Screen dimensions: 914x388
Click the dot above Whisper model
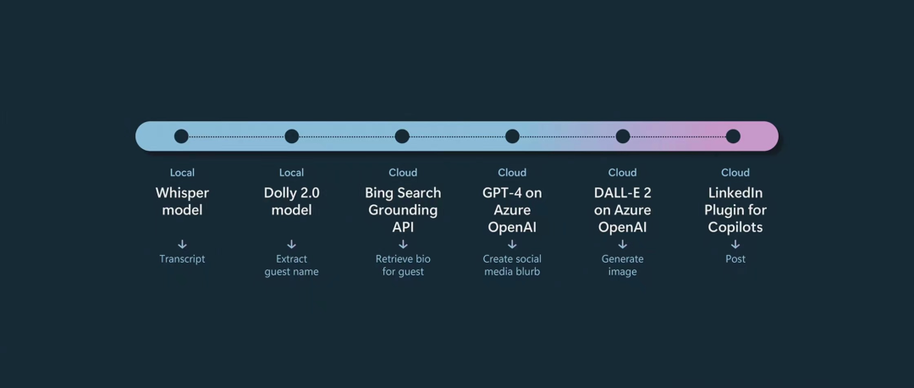tap(181, 136)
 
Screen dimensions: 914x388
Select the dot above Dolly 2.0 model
tap(291, 136)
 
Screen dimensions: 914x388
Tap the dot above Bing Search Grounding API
tap(402, 136)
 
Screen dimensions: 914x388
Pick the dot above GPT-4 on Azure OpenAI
tap(512, 136)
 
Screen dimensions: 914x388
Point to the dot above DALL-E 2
tap(623, 136)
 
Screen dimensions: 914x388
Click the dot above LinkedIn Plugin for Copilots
tap(733, 136)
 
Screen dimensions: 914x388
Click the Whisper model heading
tap(182, 202)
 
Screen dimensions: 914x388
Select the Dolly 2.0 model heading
tap(291, 202)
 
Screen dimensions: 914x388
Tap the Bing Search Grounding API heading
tap(403, 210)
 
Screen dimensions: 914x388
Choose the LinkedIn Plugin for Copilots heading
tap(735, 210)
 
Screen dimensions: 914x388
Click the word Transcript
tap(183, 259)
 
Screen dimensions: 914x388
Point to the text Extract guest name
tap(291, 265)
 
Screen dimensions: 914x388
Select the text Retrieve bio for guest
tap(403, 265)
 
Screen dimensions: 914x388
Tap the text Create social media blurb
tap(512, 265)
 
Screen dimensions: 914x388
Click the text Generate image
tap(623, 265)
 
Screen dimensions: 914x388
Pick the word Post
tap(735, 259)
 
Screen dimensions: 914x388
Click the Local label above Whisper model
tap(183, 173)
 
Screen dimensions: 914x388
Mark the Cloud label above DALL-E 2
tap(623, 173)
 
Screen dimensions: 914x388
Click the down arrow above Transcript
tap(183, 245)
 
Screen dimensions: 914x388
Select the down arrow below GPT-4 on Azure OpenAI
tap(512, 245)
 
